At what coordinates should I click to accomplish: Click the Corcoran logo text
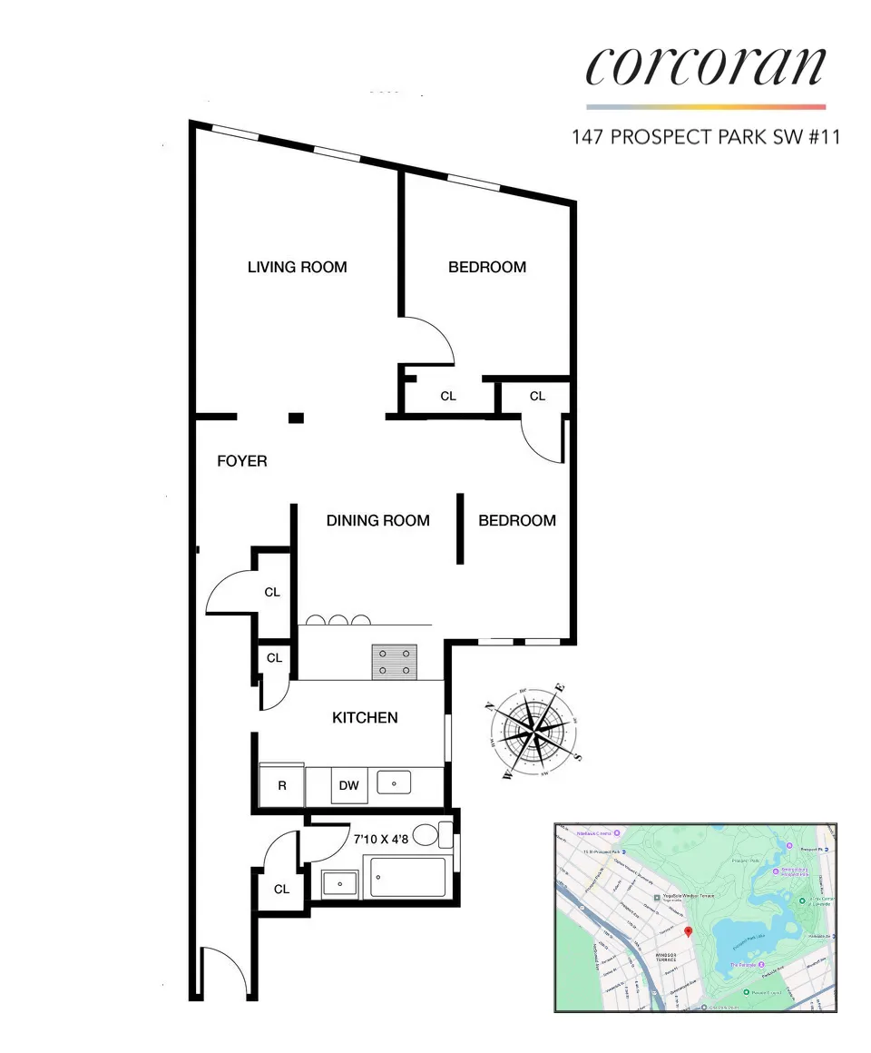click(706, 66)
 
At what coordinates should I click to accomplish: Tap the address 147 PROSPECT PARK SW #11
click(705, 137)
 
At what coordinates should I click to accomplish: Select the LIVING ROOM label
click(297, 267)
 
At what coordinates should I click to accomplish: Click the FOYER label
click(242, 461)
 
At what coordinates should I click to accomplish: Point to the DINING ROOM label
click(377, 521)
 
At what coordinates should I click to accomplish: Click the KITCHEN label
click(365, 717)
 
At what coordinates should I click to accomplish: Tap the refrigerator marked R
click(282, 785)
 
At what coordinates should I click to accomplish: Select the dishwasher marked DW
click(349, 785)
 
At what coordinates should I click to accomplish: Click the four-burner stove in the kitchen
click(394, 661)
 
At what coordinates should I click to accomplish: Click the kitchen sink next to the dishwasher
click(395, 781)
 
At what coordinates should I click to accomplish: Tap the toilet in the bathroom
click(445, 833)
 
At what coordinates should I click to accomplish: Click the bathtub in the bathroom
click(408, 878)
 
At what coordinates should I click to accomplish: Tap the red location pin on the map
click(688, 931)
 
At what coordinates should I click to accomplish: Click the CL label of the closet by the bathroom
click(281, 889)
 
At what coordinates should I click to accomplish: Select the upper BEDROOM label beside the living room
click(487, 267)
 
